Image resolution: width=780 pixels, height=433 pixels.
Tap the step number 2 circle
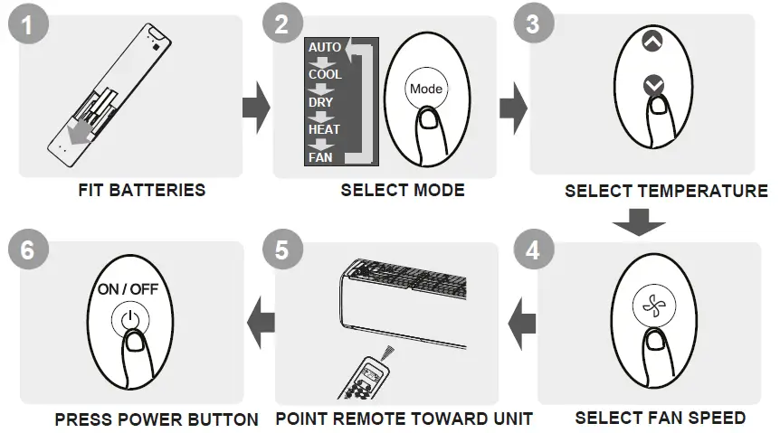(x=282, y=26)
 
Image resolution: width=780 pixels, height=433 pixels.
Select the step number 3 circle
(x=533, y=24)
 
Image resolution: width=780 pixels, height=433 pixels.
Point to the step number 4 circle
(x=533, y=249)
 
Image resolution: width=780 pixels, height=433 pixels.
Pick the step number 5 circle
(x=282, y=249)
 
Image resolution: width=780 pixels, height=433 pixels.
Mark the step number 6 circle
(x=27, y=250)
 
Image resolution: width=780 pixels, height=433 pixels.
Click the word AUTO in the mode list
(x=325, y=47)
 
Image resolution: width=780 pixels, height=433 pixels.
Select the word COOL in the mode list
(x=325, y=74)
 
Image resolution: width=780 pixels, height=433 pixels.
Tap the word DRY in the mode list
(x=321, y=102)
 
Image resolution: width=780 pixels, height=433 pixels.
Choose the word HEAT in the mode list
(x=324, y=129)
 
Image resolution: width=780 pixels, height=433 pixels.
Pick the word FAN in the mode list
(x=320, y=157)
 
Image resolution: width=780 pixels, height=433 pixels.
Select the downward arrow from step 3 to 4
(x=638, y=221)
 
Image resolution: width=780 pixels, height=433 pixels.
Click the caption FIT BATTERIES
(x=142, y=191)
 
